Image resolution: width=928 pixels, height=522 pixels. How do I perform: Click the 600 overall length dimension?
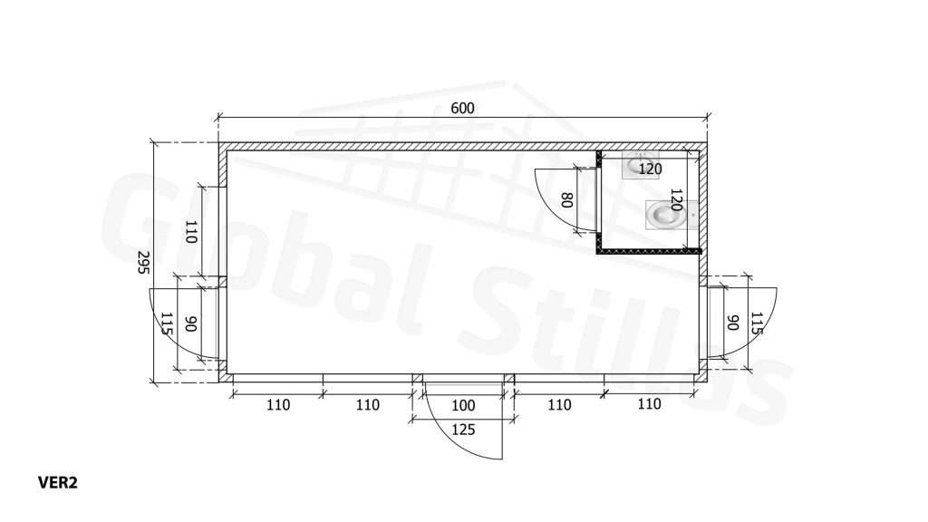point(462,109)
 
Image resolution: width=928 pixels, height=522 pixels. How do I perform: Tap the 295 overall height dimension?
point(142,262)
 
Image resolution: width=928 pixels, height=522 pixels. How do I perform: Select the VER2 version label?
point(58,483)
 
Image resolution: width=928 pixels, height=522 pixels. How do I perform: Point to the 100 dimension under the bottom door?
point(463,405)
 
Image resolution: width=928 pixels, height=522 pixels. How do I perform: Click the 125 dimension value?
point(463,429)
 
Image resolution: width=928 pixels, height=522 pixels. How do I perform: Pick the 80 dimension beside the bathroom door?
point(566,200)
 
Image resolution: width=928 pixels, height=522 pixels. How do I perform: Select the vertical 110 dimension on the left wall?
point(190,231)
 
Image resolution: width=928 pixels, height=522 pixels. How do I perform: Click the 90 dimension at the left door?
point(190,324)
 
